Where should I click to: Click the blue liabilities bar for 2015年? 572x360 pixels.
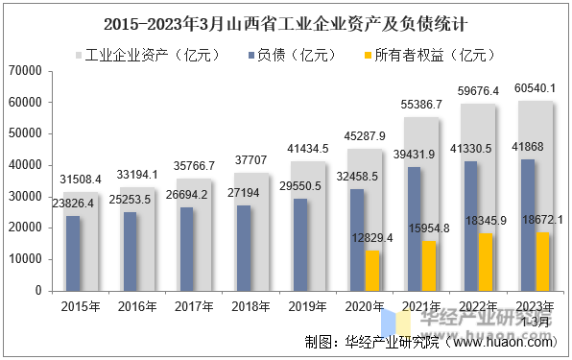pos(73,252)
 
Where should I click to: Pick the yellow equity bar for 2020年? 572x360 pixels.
pos(372,270)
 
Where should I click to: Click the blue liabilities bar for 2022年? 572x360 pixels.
pos(470,225)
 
